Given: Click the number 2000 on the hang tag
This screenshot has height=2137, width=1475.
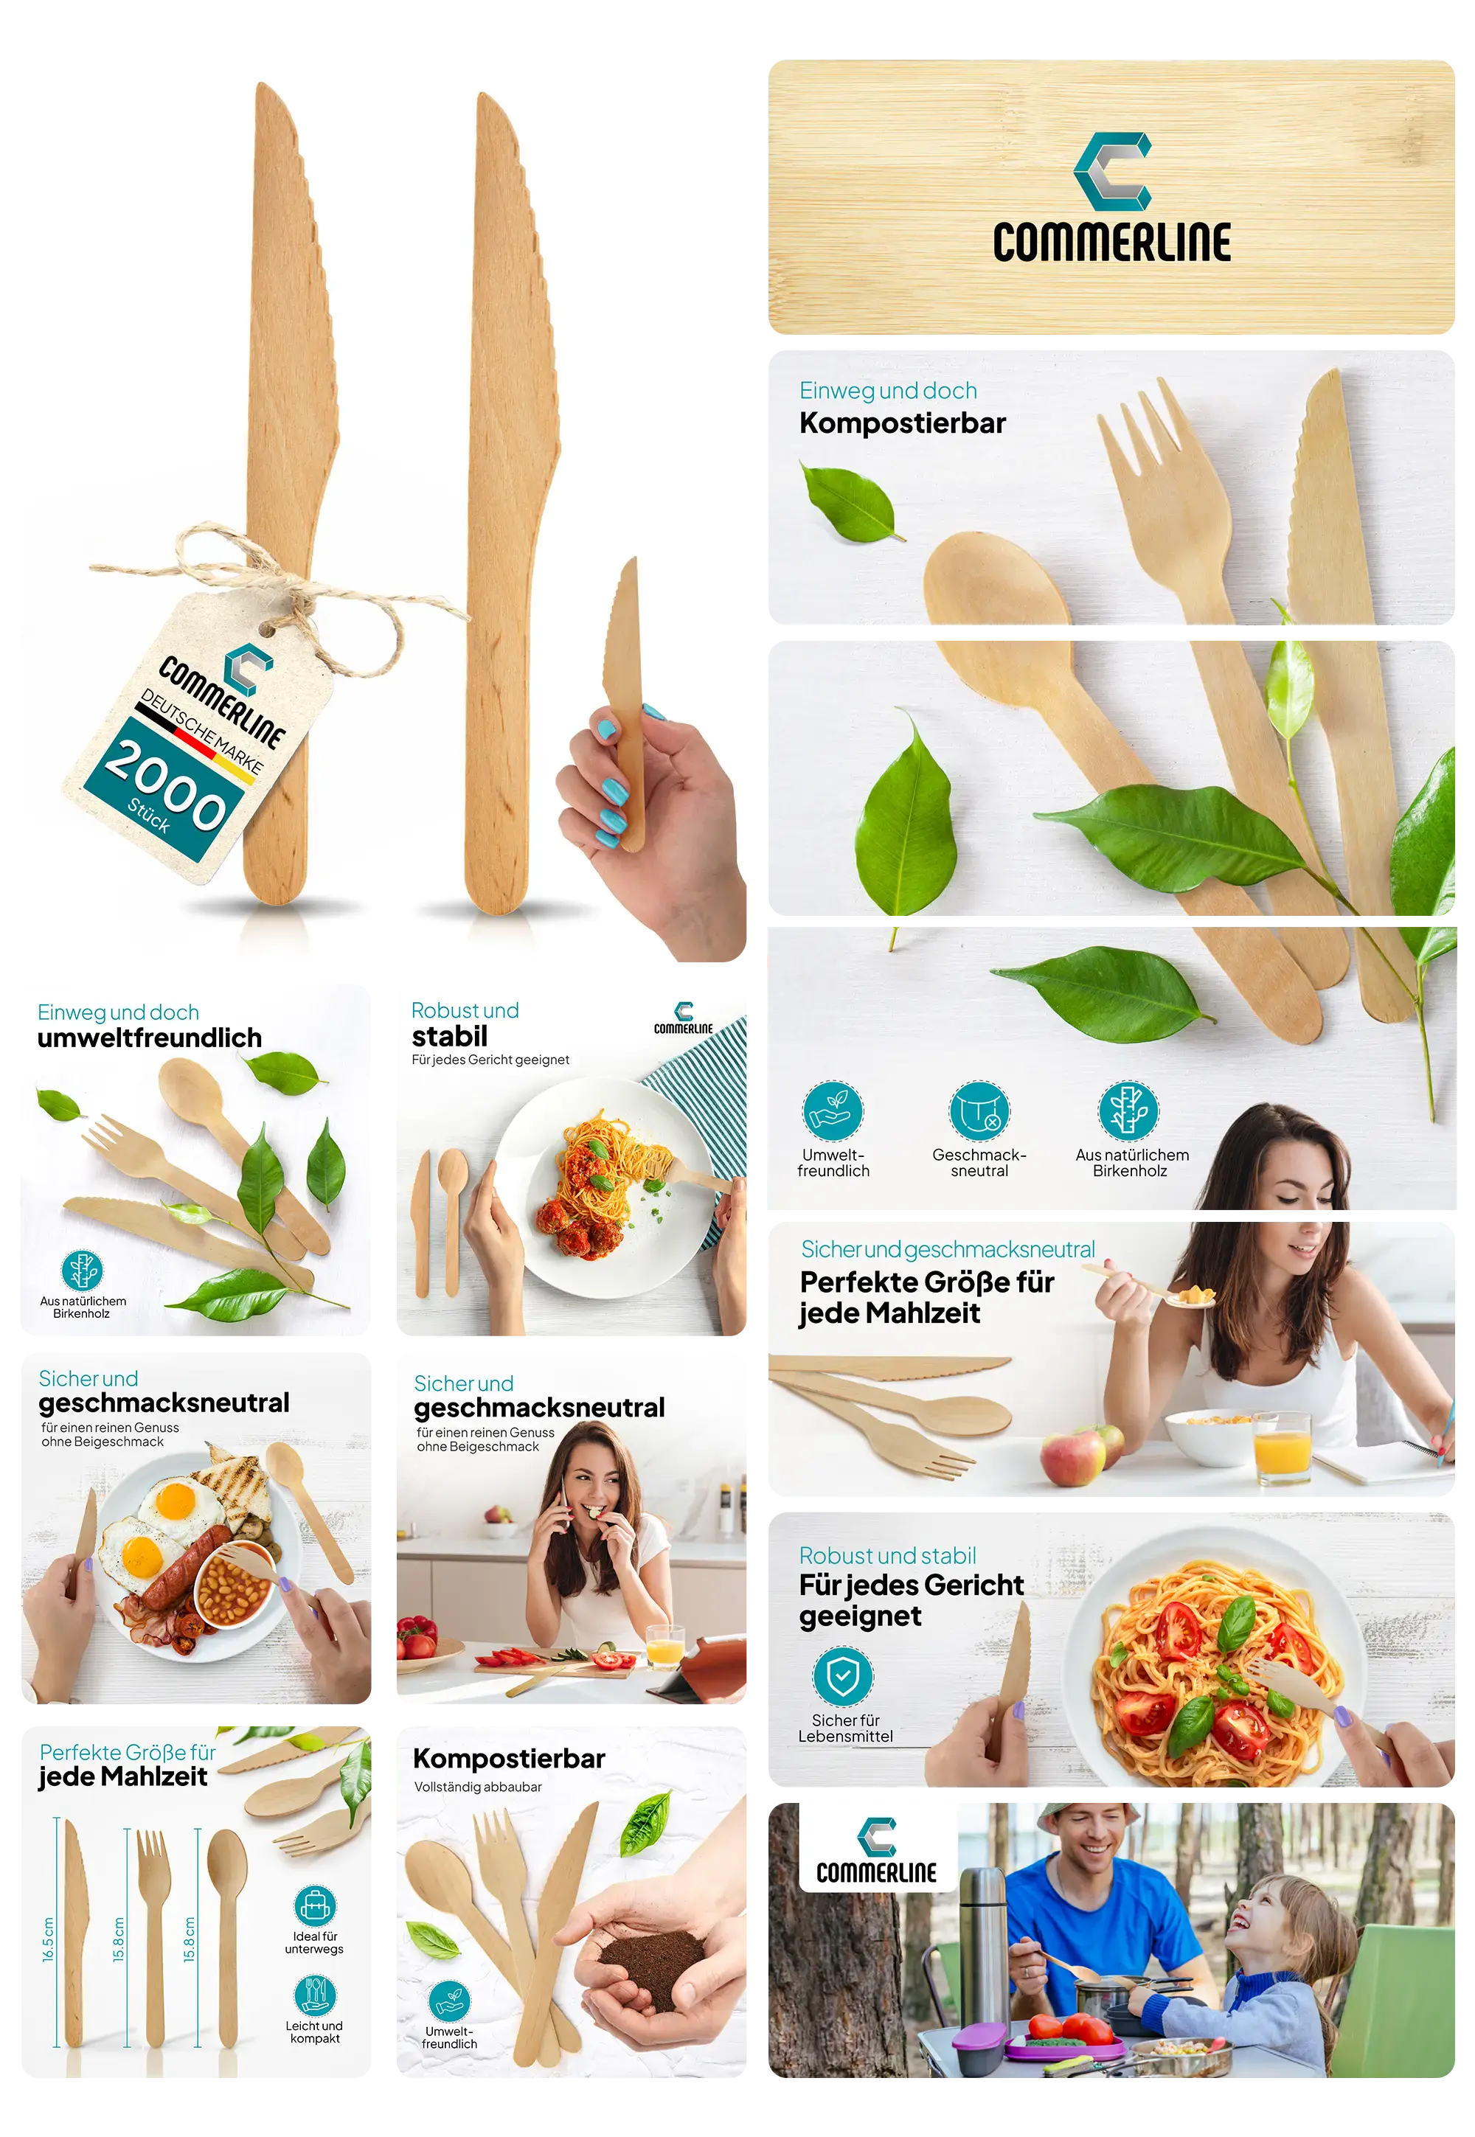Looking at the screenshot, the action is click(164, 785).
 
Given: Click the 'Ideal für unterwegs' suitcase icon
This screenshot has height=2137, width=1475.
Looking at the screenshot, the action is click(314, 1905).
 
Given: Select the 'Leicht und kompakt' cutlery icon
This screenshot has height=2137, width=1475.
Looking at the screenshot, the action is click(314, 1995).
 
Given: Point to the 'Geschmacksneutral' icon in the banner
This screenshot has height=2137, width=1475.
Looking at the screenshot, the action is click(979, 1111).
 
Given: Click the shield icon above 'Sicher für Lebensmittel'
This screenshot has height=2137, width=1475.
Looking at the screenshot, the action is click(842, 1676).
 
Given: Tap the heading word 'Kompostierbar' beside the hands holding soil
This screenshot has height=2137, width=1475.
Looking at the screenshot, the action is click(508, 1758).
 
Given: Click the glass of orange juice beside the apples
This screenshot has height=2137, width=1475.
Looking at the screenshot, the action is click(1282, 1447).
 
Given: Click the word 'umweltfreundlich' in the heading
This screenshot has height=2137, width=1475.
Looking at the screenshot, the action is click(150, 1038).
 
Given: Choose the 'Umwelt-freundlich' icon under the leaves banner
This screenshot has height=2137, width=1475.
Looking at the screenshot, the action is click(832, 1111).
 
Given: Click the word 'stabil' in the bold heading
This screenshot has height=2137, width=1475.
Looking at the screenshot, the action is click(449, 1036).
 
